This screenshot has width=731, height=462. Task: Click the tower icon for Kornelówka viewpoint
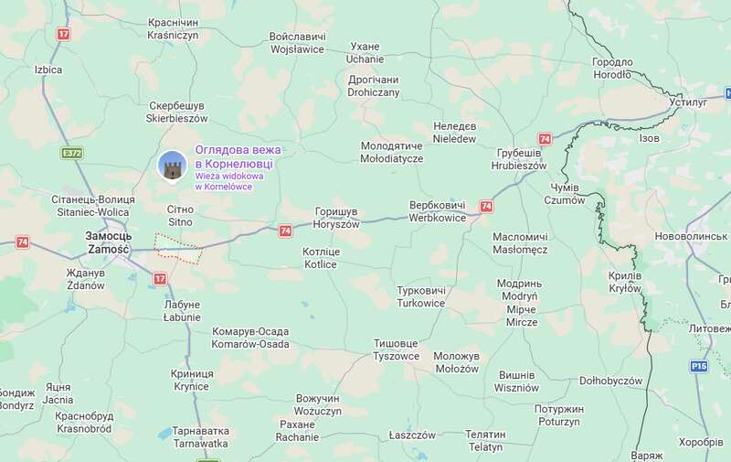pos(171,167)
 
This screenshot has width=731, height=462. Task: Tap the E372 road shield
pos(73,153)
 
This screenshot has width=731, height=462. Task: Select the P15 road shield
pos(699,366)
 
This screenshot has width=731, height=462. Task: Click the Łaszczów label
pos(412,435)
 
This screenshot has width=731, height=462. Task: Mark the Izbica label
pos(48,70)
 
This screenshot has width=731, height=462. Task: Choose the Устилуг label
pos(688,103)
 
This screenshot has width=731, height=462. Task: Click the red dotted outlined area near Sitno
pos(177,248)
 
